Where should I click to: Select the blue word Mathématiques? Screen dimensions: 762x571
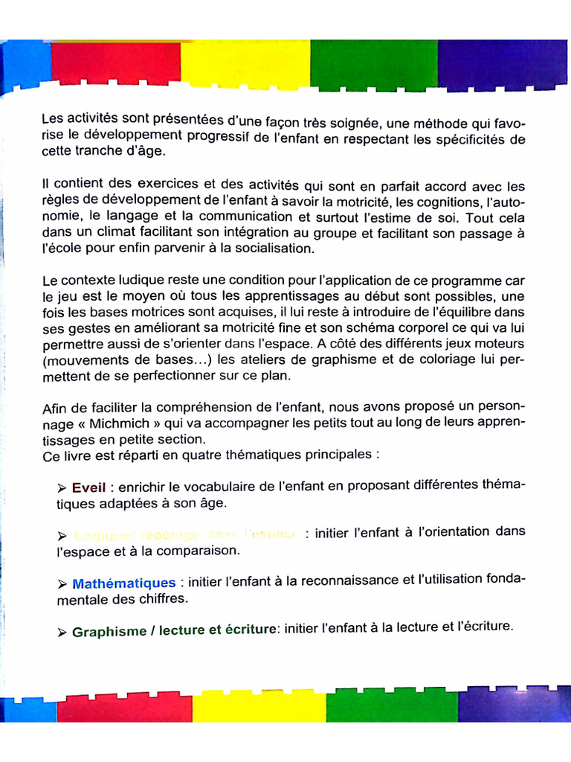124,583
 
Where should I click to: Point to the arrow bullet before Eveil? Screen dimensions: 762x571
62,489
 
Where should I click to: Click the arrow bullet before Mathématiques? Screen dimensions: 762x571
62,584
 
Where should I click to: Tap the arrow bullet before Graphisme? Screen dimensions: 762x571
62,633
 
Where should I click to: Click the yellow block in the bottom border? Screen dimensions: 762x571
259,708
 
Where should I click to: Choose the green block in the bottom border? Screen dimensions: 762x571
392,708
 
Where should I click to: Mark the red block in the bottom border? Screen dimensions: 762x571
124,708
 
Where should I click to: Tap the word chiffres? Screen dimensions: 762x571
161,599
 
